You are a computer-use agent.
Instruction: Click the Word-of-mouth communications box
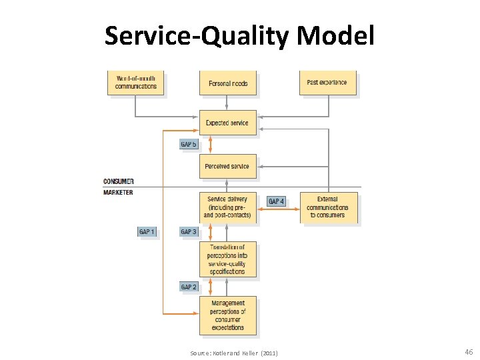point(136,83)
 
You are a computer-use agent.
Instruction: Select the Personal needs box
point(227,83)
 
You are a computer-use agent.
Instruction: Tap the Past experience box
point(327,83)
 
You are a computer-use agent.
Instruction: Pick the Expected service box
point(227,123)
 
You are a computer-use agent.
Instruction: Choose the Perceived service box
point(227,166)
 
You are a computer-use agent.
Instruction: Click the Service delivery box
point(227,207)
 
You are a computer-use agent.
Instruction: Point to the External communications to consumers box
point(328,207)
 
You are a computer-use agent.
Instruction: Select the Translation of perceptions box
point(227,259)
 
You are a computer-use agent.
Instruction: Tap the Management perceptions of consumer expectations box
point(227,315)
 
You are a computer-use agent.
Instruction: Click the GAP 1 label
point(147,232)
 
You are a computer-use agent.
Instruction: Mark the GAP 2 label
point(189,287)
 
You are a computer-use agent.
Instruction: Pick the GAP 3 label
point(189,232)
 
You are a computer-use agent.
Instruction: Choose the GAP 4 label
point(276,201)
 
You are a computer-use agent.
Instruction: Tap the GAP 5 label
point(189,144)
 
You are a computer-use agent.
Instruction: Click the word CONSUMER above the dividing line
point(119,181)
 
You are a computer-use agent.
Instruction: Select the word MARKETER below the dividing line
point(118,193)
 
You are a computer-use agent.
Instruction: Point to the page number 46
point(468,351)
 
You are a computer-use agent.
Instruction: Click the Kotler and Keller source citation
point(234,353)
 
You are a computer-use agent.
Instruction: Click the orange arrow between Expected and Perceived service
point(211,145)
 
